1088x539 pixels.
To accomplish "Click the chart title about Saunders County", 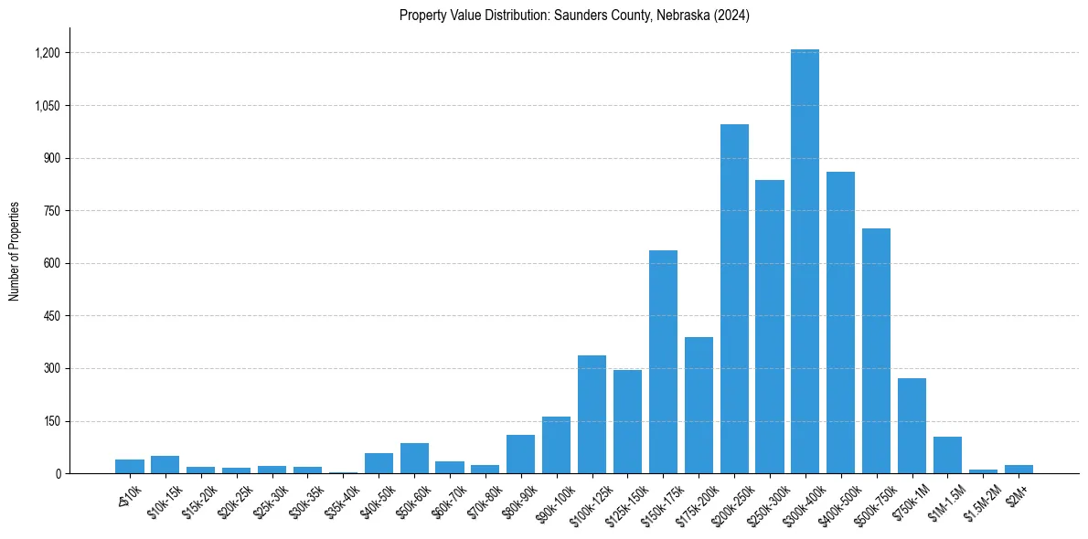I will pos(574,16).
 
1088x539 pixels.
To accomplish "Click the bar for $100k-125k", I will pos(592,415).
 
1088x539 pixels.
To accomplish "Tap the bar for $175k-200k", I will pos(699,406).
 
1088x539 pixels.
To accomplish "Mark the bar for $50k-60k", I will pos(414,459).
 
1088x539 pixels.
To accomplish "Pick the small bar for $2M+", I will pos(1019,470).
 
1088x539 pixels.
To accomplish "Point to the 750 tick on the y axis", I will pos(52,211).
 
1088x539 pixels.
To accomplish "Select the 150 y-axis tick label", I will pos(52,421).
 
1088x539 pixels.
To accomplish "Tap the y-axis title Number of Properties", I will pos(15,251).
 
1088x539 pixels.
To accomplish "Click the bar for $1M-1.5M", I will pos(947,455).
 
